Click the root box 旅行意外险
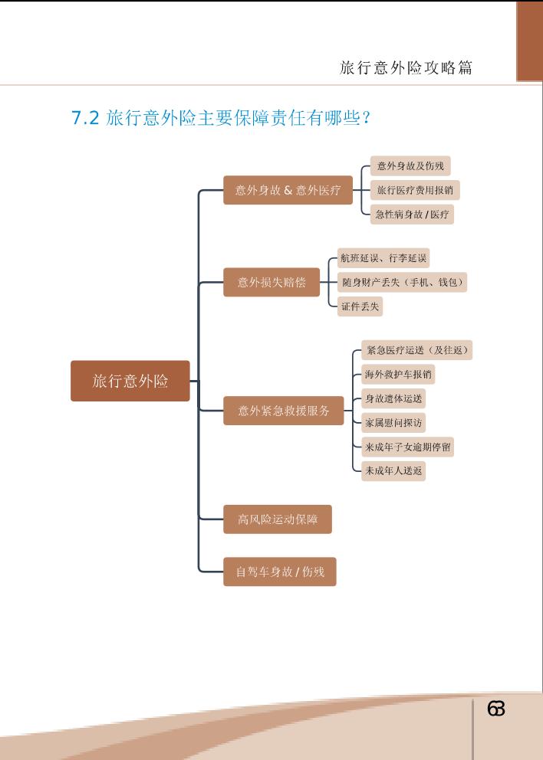point(130,381)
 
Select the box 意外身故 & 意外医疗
point(288,190)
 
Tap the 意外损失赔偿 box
point(271,282)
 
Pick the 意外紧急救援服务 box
point(284,411)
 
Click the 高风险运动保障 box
point(278,519)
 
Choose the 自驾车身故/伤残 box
point(280,572)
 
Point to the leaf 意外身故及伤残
point(410,165)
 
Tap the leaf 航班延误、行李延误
point(384,258)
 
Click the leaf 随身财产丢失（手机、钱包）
point(403,282)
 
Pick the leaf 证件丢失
point(360,306)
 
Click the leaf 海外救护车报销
point(399,375)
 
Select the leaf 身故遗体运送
point(393,398)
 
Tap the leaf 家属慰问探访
point(393,422)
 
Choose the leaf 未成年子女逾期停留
point(407,447)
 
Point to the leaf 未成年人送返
point(393,471)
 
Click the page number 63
point(496,709)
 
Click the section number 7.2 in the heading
point(85,118)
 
